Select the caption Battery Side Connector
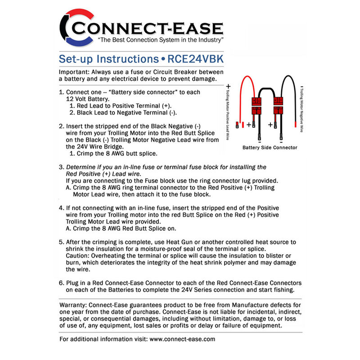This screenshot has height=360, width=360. pos(270,147)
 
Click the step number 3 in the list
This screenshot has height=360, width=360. pos(62,167)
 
